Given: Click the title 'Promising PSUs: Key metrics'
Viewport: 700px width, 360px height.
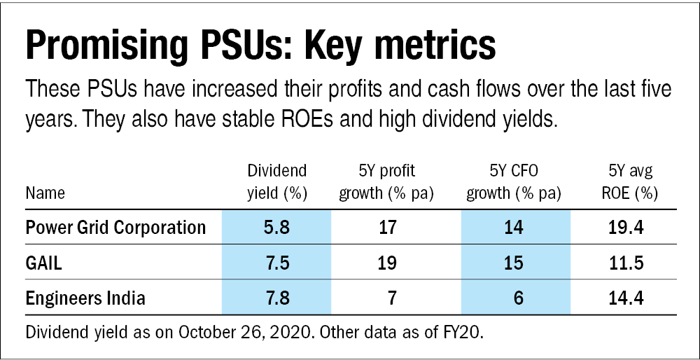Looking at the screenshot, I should click(x=260, y=47).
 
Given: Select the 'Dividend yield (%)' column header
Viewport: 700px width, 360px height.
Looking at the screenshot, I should click(x=277, y=182).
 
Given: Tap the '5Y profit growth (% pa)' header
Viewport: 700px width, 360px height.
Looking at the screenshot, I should click(x=386, y=182).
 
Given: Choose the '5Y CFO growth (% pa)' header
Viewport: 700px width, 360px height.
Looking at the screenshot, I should click(x=515, y=182).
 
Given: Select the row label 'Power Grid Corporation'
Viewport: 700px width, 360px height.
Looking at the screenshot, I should click(x=115, y=228).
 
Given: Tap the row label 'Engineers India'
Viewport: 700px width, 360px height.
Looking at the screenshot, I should click(x=85, y=298).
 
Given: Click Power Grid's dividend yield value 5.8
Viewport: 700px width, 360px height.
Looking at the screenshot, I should click(x=277, y=228).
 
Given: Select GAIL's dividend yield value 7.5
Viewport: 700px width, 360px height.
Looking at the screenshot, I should click(x=277, y=263).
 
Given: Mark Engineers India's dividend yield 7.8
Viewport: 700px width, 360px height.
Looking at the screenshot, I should click(x=277, y=298).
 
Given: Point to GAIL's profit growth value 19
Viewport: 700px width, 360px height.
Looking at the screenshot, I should click(x=386, y=263).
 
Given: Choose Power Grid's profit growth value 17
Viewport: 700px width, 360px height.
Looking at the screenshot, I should click(x=386, y=228).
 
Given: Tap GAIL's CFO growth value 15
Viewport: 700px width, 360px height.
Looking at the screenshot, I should click(x=515, y=263).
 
